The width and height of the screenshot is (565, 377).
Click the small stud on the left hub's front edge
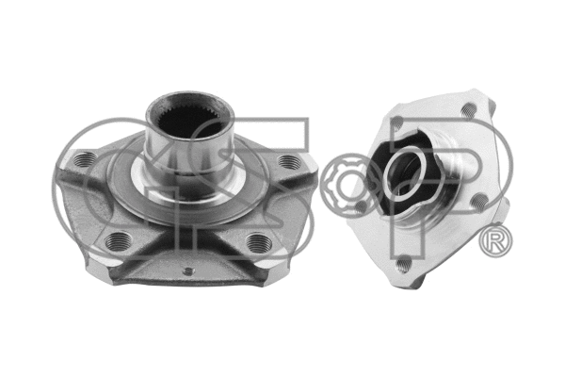click(187, 272)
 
